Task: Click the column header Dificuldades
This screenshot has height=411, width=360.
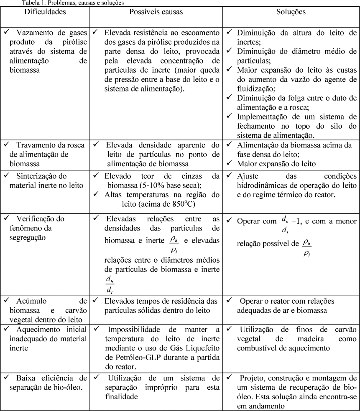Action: (45, 12)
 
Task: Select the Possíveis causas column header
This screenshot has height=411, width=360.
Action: (156, 12)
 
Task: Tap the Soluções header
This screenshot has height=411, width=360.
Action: (291, 12)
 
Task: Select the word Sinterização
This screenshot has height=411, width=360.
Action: (41, 176)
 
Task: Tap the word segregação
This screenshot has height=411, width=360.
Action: (28, 237)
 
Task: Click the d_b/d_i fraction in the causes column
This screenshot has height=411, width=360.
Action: (109, 282)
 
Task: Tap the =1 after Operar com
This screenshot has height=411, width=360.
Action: (295, 221)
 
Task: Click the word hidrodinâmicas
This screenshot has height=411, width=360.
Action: (263, 185)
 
